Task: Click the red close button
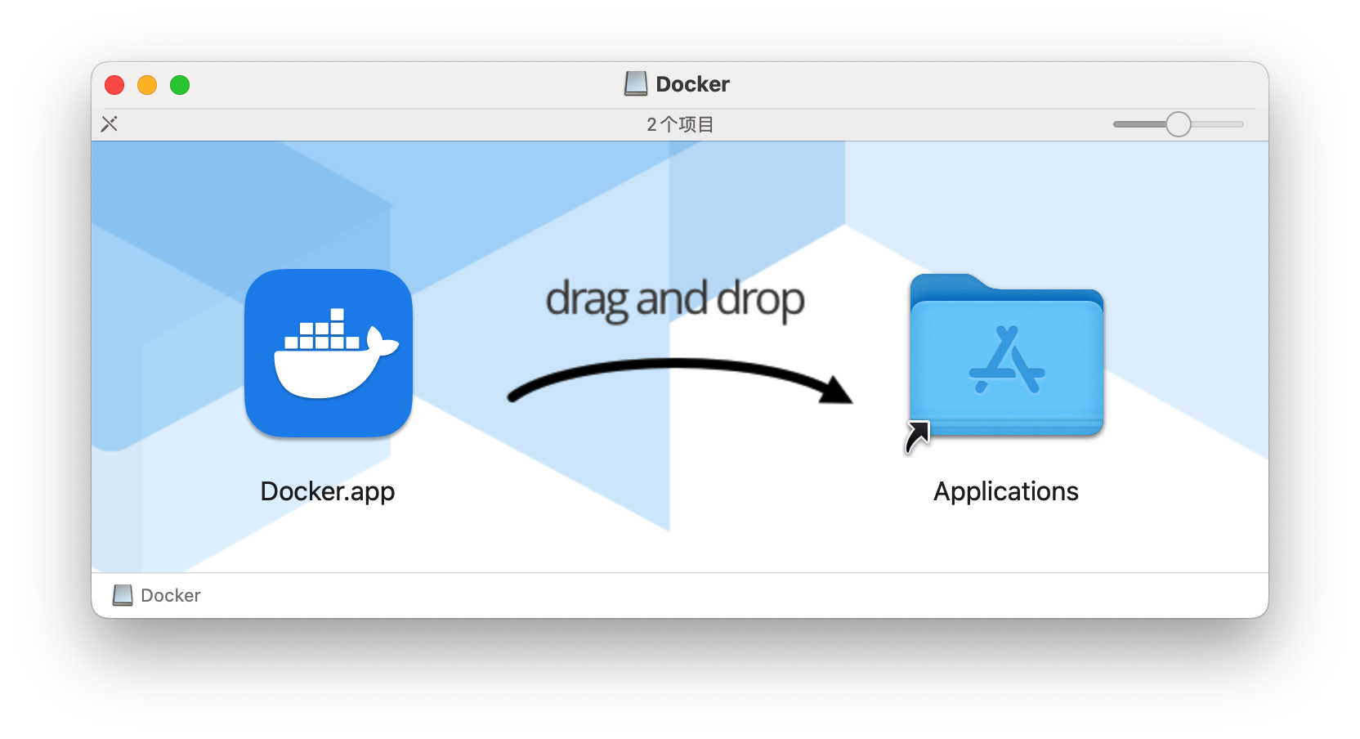[x=114, y=85]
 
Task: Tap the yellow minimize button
[x=147, y=85]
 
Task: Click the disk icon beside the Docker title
[x=636, y=84]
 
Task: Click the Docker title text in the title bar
[x=693, y=84]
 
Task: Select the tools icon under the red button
[x=110, y=124]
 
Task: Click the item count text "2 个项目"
[x=680, y=124]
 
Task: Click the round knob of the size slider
[x=1179, y=124]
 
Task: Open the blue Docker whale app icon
[x=329, y=353]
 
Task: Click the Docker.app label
[x=328, y=491]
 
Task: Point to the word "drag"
[x=587, y=299]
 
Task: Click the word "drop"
[x=761, y=299]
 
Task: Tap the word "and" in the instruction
[x=672, y=298]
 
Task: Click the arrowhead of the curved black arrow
[x=837, y=390]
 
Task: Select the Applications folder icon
[x=1007, y=355]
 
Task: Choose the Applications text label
[x=1006, y=491]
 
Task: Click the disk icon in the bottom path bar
[x=123, y=595]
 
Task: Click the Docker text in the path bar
[x=171, y=595]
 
